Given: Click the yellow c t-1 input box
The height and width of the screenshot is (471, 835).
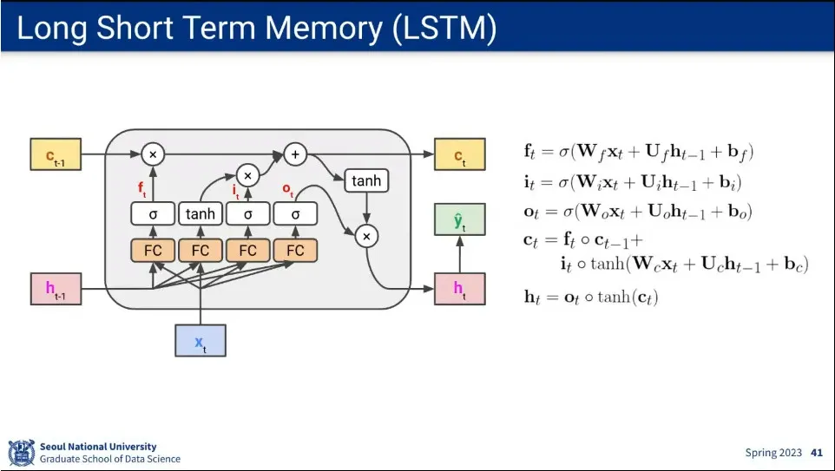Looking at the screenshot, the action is (x=56, y=154).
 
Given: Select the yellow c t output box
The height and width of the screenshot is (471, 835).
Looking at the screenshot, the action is (x=459, y=154).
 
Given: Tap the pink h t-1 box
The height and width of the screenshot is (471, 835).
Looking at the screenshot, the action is (x=56, y=289).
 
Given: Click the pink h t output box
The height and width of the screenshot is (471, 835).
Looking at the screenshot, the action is (x=459, y=289).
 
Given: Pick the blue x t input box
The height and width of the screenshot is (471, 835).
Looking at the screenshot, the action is (x=201, y=341).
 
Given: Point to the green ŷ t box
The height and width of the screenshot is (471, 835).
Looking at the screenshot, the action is (x=459, y=219).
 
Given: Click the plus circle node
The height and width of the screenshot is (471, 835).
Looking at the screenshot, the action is (x=295, y=154).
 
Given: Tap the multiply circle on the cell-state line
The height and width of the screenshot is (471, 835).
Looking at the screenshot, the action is (x=153, y=154).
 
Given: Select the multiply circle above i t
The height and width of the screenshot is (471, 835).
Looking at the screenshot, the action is (x=247, y=175).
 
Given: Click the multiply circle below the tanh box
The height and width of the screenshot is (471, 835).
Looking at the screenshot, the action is (x=366, y=236).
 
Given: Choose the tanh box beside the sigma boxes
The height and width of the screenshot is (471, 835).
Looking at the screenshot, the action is (x=201, y=214).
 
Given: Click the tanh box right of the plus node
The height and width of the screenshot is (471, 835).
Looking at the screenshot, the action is (x=366, y=181).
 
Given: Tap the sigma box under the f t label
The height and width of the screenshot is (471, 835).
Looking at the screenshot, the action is (x=153, y=214).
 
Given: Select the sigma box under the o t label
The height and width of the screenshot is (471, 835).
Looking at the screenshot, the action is (x=296, y=214).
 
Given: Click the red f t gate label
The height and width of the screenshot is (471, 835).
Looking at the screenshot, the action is (x=142, y=189).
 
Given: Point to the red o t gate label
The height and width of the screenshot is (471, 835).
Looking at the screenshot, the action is (x=288, y=190).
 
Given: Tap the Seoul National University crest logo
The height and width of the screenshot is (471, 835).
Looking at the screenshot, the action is (x=22, y=453).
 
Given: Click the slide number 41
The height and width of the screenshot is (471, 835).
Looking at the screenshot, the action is (x=817, y=453).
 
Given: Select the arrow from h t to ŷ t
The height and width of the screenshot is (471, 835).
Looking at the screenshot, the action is (x=459, y=254).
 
